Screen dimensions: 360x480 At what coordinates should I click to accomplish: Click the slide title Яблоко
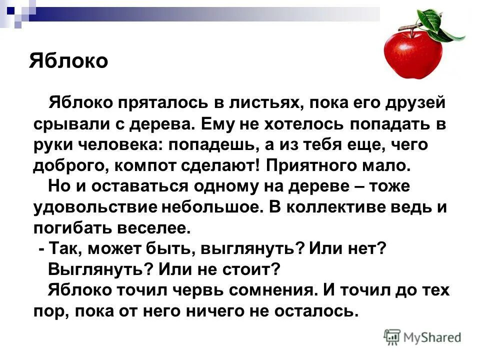(68, 60)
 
